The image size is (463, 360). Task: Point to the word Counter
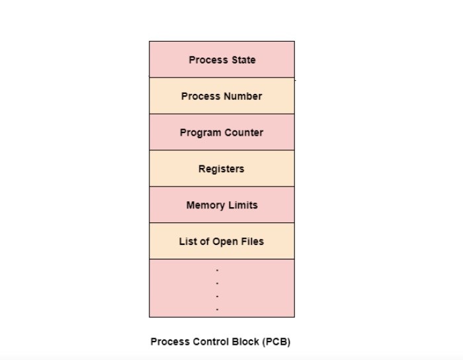[243, 132]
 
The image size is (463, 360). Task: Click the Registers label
[222, 169]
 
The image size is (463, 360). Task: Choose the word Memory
[206, 205]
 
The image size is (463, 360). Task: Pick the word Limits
[243, 205]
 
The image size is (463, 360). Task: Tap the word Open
[225, 242]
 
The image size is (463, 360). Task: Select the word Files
[252, 242]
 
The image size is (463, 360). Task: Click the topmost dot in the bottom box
[217, 270]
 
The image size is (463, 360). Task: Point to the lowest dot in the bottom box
[217, 308]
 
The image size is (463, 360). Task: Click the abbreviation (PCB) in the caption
[276, 342]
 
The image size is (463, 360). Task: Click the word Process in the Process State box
[208, 60]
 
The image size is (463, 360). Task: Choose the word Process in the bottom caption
[170, 342]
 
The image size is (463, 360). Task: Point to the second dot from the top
[217, 283]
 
